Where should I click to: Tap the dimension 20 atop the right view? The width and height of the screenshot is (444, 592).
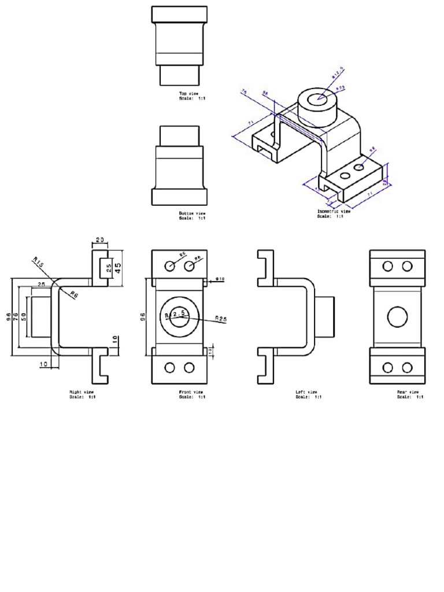click(x=99, y=240)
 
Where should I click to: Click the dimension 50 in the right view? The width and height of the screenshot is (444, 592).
click(x=24, y=317)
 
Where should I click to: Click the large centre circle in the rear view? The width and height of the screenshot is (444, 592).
click(x=398, y=317)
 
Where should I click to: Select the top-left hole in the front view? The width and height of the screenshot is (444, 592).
click(x=170, y=266)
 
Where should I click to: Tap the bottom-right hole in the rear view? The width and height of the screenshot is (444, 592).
click(x=407, y=368)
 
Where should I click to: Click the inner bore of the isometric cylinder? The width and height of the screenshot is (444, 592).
click(x=316, y=99)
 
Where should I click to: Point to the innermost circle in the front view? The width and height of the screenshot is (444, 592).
click(x=179, y=316)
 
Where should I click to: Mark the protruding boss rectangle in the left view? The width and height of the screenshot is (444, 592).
click(x=325, y=316)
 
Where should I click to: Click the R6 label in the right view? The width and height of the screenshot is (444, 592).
click(x=73, y=295)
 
